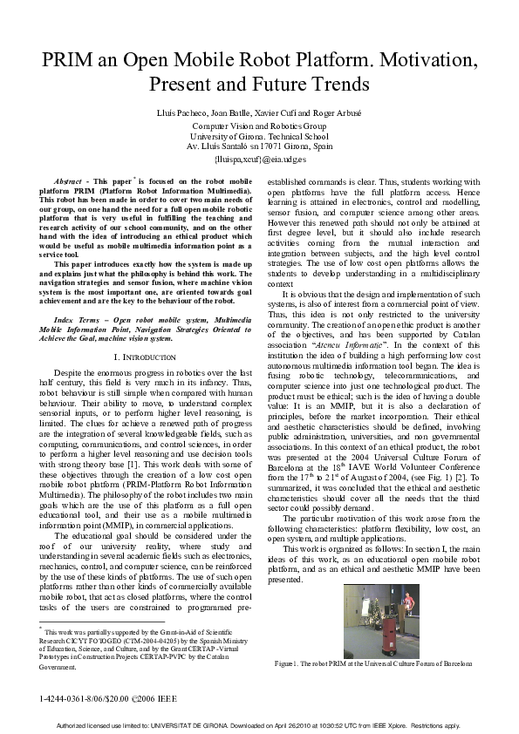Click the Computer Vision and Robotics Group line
(x=260, y=126)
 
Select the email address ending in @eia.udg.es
(x=260, y=160)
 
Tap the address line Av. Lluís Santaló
(x=260, y=146)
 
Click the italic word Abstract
(x=67, y=180)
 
